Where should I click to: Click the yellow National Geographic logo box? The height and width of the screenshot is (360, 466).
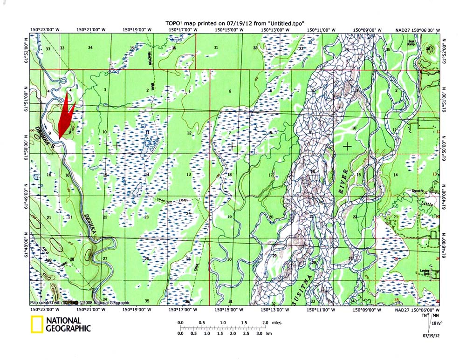pos(37,324)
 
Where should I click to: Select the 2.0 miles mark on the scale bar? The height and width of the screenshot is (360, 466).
pos(265,323)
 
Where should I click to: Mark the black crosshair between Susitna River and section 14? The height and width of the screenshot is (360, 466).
pos(347,146)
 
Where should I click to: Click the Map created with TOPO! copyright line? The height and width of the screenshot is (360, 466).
pos(80,303)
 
